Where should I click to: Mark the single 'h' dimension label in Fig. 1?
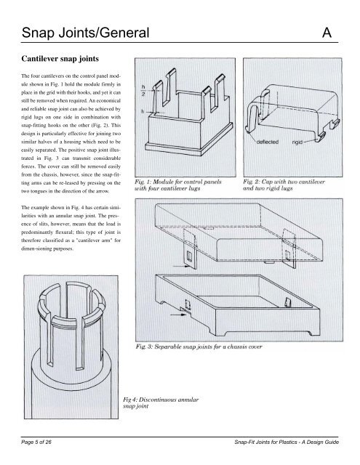(x=143, y=112)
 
